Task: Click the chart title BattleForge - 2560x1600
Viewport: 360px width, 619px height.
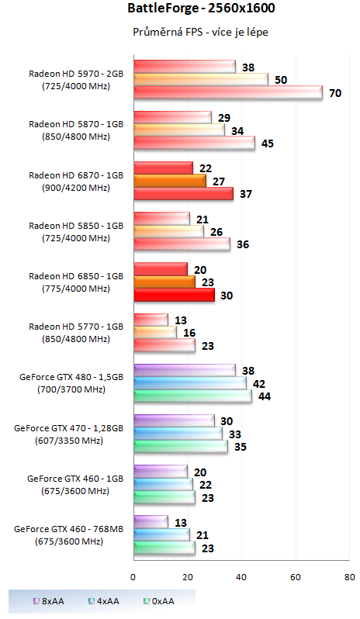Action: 179,9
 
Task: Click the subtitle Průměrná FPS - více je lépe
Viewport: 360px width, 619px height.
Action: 179,33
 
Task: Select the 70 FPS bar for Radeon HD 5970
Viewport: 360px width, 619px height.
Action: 227,93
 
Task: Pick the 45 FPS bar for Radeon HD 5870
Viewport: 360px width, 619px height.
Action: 194,143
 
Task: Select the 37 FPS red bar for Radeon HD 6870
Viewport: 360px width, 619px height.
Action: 183,194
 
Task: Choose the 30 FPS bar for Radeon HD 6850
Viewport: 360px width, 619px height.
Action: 174,295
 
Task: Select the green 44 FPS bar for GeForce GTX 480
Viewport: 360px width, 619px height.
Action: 192,396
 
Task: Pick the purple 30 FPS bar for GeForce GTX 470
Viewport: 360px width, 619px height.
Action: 174,421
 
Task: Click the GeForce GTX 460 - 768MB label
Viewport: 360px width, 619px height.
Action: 69,529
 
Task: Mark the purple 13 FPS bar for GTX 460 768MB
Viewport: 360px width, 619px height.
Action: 151,522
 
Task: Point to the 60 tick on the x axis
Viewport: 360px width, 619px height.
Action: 295,577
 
